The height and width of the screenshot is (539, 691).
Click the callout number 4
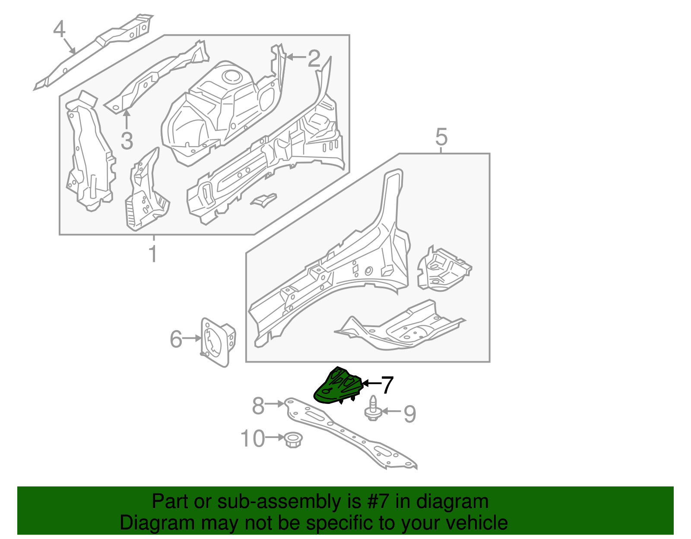click(59, 29)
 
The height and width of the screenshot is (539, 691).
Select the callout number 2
click(314, 58)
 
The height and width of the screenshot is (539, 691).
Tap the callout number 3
click(127, 141)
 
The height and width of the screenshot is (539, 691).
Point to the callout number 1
click(153, 254)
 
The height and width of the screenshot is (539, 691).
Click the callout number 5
click(441, 137)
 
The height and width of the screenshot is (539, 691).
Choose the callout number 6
click(176, 339)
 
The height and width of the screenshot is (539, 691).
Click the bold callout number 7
click(387, 385)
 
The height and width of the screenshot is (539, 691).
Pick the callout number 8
click(258, 406)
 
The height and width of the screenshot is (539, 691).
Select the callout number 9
click(409, 414)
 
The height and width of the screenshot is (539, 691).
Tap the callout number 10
click(252, 439)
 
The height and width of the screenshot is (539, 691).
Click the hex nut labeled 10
click(294, 440)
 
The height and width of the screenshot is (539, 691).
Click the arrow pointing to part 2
click(296, 57)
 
